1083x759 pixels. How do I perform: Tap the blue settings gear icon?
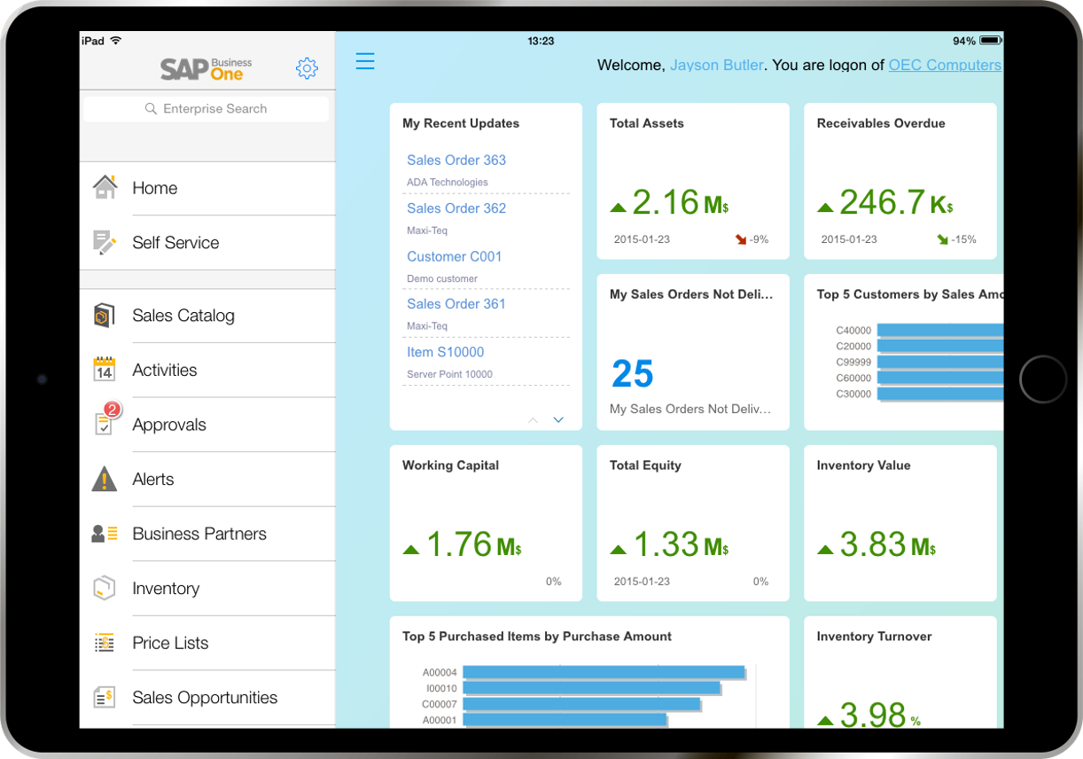[x=307, y=68]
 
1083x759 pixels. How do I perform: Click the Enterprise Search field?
[x=206, y=109]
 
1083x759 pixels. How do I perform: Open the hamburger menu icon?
[x=365, y=61]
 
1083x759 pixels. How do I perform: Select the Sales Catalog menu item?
[x=183, y=316]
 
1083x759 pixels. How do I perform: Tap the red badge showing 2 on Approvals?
[x=113, y=410]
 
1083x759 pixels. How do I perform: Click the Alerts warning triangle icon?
[x=105, y=479]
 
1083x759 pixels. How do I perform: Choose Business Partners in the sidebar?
[x=199, y=534]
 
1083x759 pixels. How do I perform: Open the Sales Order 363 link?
[x=456, y=160]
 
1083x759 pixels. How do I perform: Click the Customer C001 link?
[x=454, y=256]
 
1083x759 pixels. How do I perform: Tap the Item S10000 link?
[x=445, y=352]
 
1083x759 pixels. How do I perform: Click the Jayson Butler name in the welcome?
[x=716, y=65]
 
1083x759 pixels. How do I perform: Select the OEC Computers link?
[x=945, y=65]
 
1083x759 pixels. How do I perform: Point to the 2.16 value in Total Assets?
[x=666, y=202]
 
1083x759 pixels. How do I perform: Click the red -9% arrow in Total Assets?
[x=741, y=239]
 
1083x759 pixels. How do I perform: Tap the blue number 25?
[x=633, y=373]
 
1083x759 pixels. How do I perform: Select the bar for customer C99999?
[x=940, y=362]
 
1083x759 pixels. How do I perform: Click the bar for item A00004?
[x=604, y=672]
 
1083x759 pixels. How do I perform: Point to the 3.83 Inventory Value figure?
[x=872, y=544]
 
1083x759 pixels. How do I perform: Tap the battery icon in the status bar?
[x=991, y=41]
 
